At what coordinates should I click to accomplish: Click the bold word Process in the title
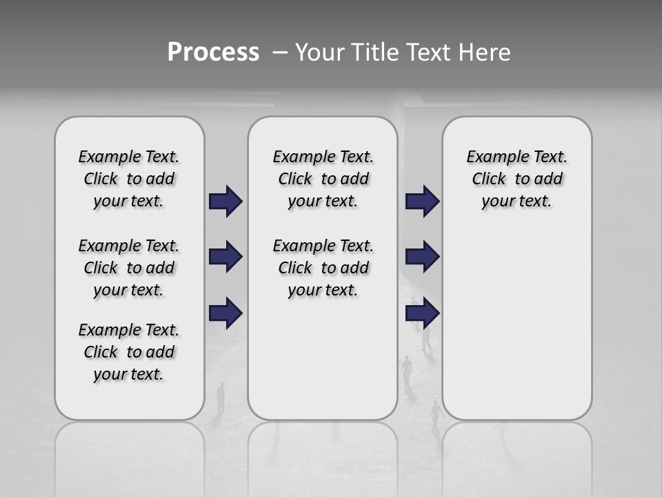213,52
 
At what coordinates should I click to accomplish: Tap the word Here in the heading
482,52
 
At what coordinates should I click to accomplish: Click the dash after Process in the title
279,52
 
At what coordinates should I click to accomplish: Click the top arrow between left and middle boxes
225,201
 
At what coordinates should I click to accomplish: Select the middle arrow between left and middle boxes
225,257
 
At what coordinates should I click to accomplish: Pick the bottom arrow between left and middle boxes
225,313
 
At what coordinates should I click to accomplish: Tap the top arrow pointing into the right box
422,201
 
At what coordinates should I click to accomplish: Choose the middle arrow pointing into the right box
422,257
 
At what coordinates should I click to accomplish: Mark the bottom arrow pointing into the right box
422,313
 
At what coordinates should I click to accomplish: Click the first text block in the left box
129,179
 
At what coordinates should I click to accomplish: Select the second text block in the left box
129,268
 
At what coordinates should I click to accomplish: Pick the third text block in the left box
129,352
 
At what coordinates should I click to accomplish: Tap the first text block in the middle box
323,179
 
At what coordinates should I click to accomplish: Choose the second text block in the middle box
323,268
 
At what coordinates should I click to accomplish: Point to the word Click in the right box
489,179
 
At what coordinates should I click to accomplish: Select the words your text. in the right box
516,201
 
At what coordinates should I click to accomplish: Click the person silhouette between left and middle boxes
221,398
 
